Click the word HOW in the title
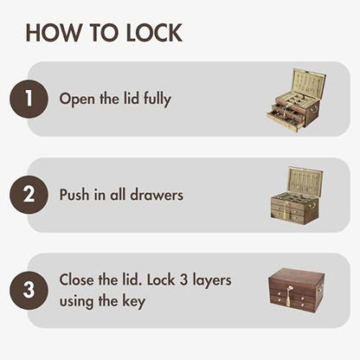(54, 33)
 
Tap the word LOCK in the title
(154, 33)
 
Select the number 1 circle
(29, 99)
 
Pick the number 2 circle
(29, 195)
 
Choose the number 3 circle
(29, 291)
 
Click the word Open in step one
(77, 100)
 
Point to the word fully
(157, 100)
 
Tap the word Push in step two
(74, 195)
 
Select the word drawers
(157, 195)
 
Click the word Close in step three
(77, 280)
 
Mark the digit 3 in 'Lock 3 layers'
(183, 280)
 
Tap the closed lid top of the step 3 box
(297, 276)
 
